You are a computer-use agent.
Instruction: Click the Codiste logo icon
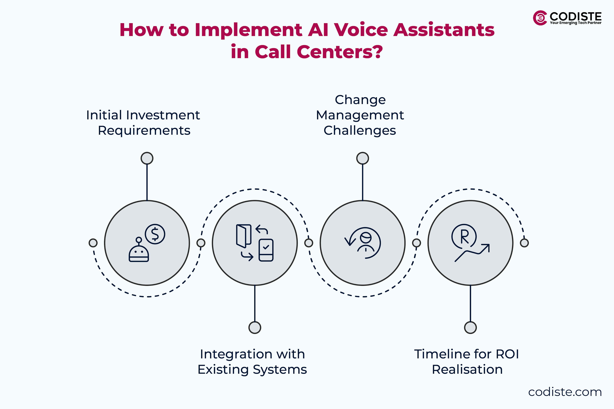click(x=540, y=18)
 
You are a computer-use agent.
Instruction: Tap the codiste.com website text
click(x=565, y=392)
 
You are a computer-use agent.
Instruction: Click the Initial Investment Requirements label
click(x=143, y=123)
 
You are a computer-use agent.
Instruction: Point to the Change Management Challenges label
click(x=360, y=115)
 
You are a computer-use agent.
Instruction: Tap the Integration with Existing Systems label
click(x=252, y=362)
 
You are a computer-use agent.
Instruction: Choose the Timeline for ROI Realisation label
click(x=467, y=362)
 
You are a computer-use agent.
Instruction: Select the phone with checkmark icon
click(x=266, y=250)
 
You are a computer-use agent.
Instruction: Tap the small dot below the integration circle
click(x=255, y=328)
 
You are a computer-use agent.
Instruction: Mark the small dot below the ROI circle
click(x=470, y=328)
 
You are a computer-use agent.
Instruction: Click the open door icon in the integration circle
click(x=244, y=235)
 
